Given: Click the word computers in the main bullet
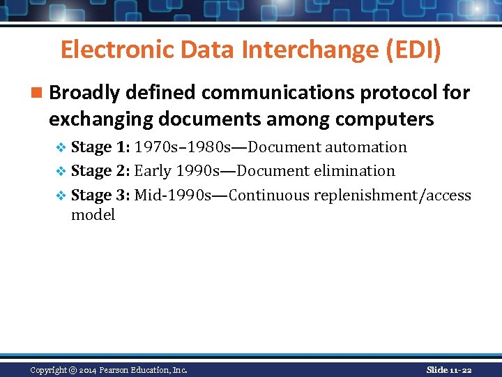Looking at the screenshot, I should [384, 119].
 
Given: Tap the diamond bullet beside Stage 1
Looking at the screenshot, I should [61, 148].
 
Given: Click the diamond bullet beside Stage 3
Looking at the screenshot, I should [61, 195].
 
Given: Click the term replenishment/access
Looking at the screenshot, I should [393, 195].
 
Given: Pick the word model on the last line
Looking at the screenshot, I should [93, 215].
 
